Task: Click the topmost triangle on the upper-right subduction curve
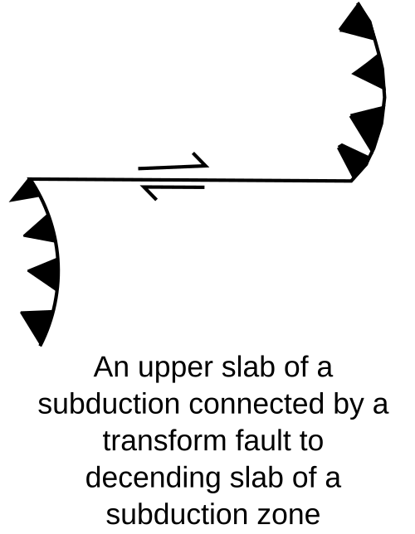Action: [x=359, y=24]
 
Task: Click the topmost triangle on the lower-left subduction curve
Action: [x=26, y=192]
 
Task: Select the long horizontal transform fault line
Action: [x=190, y=179]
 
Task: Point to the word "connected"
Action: [x=256, y=405]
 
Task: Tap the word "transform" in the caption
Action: [x=164, y=441]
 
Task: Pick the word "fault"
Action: [x=264, y=441]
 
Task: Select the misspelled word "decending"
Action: [x=153, y=478]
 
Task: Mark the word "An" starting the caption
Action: [x=111, y=367]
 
